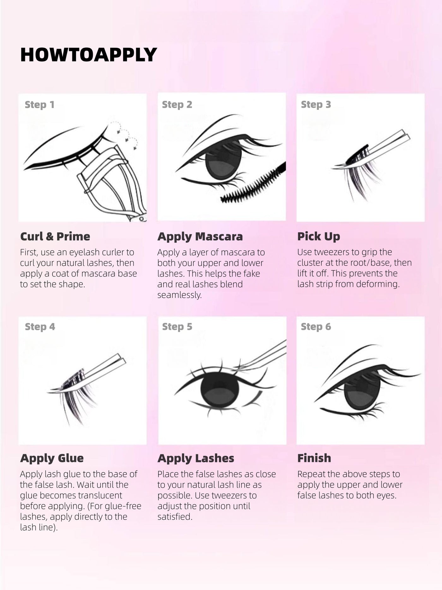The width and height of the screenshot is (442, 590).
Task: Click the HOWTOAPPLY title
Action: tap(88, 54)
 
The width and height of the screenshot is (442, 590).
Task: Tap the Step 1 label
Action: tap(39, 105)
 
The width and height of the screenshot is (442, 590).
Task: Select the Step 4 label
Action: tap(40, 327)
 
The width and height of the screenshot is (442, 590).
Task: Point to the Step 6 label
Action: tap(316, 327)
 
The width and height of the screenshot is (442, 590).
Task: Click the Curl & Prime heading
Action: tap(55, 236)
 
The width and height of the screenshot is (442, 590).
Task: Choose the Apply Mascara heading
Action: tap(200, 236)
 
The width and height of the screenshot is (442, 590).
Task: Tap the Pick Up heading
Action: tap(319, 236)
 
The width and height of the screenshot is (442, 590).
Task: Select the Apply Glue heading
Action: tap(52, 458)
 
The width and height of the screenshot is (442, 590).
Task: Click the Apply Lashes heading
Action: tap(196, 458)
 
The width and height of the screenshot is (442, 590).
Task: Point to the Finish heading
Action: tap(314, 458)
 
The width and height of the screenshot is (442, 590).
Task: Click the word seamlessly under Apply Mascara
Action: tap(179, 295)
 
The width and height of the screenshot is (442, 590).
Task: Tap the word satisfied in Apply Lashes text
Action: tap(175, 517)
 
